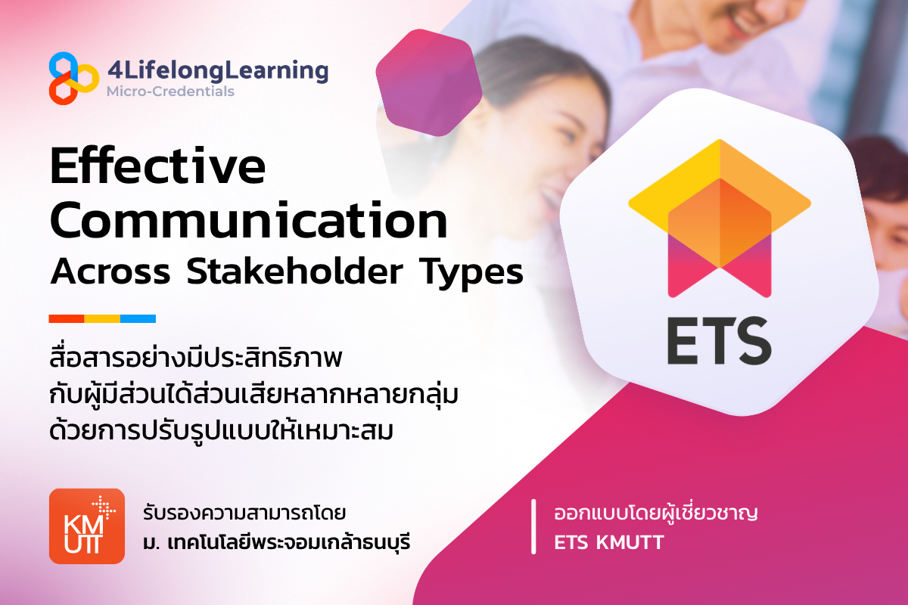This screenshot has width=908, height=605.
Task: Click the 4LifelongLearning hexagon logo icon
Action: click(73, 77)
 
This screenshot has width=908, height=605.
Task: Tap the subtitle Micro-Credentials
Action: click(170, 92)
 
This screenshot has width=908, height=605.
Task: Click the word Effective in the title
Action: click(157, 168)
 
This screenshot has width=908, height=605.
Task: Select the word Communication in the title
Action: click(249, 221)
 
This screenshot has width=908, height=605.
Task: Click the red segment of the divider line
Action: click(66, 318)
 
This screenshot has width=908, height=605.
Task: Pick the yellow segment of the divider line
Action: click(102, 318)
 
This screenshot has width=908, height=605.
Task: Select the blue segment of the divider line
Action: click(138, 318)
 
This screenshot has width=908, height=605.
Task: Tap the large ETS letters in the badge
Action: click(718, 342)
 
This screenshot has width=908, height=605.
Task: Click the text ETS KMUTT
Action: click(608, 542)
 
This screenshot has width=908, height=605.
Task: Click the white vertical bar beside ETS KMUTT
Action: click(535, 526)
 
